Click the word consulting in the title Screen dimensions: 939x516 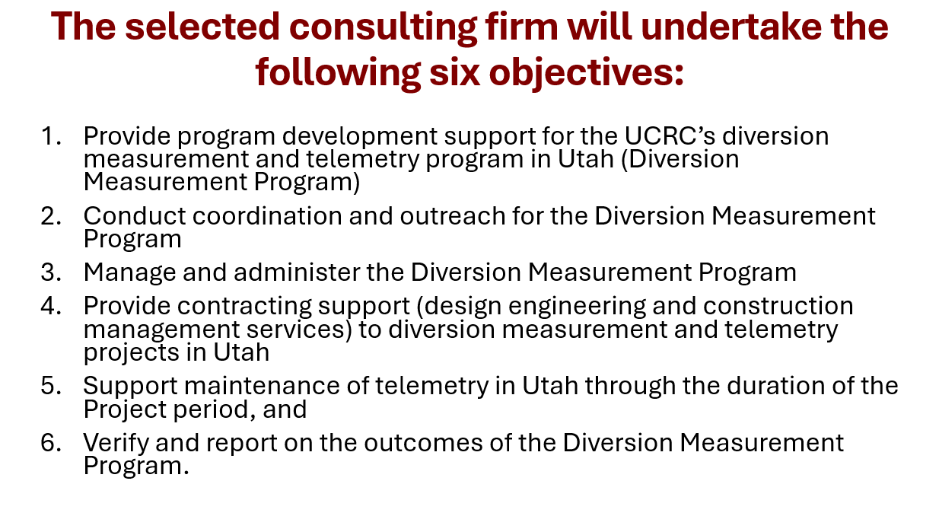pos(383,27)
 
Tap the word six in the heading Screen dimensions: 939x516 pos(454,72)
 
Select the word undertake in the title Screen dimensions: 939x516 pos(731,27)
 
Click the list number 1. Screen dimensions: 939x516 pos(51,136)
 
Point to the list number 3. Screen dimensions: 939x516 pos(51,272)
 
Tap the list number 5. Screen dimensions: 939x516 pos(51,386)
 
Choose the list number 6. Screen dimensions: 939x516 pos(51,442)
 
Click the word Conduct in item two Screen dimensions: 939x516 pos(134,216)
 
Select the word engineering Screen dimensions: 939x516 pos(577,307)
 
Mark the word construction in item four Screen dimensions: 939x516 pos(778,306)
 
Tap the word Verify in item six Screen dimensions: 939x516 pos(116,444)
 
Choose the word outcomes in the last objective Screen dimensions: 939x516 pos(423,443)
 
